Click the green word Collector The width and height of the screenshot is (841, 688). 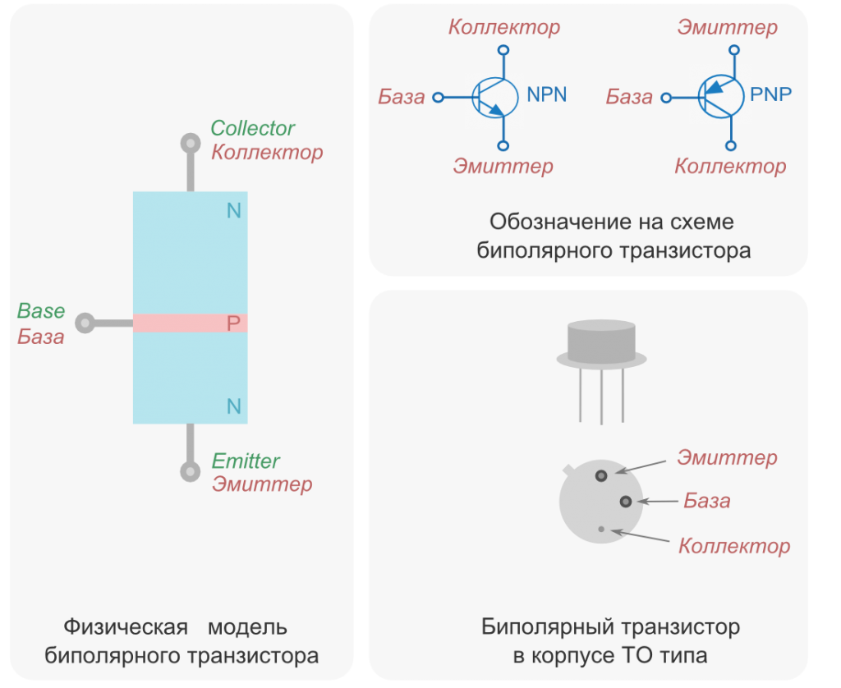(252, 128)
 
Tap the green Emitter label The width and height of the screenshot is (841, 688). (246, 461)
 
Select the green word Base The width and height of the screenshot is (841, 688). (41, 311)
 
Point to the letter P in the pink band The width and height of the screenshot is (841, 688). (233, 323)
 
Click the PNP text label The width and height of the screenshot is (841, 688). (771, 94)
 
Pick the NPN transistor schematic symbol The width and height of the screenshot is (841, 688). (493, 99)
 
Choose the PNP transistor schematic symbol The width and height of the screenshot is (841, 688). (717, 97)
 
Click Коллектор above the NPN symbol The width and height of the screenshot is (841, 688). (504, 27)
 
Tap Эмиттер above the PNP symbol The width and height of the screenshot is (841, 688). (727, 27)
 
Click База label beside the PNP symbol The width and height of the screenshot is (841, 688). (629, 98)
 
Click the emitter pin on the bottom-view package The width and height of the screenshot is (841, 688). (602, 475)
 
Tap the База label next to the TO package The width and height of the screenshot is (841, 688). (706, 501)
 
